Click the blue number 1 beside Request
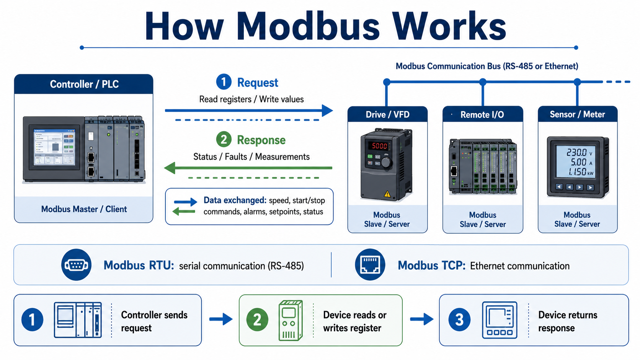point(224,82)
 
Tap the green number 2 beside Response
point(224,140)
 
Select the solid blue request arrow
point(249,111)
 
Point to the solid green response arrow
point(248,168)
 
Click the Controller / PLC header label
point(84,84)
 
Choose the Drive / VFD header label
point(387,114)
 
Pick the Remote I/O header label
point(482,115)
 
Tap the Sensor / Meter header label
point(577,114)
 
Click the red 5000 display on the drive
point(379,146)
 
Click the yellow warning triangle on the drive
point(387,194)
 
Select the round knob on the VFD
point(386,163)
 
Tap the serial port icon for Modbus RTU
point(76,265)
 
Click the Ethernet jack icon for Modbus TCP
point(370,265)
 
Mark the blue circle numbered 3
point(459,320)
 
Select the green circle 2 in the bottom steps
point(257,320)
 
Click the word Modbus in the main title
point(308,26)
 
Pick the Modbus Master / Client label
point(84,209)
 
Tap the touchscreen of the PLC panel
point(55,147)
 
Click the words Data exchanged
point(235,200)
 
